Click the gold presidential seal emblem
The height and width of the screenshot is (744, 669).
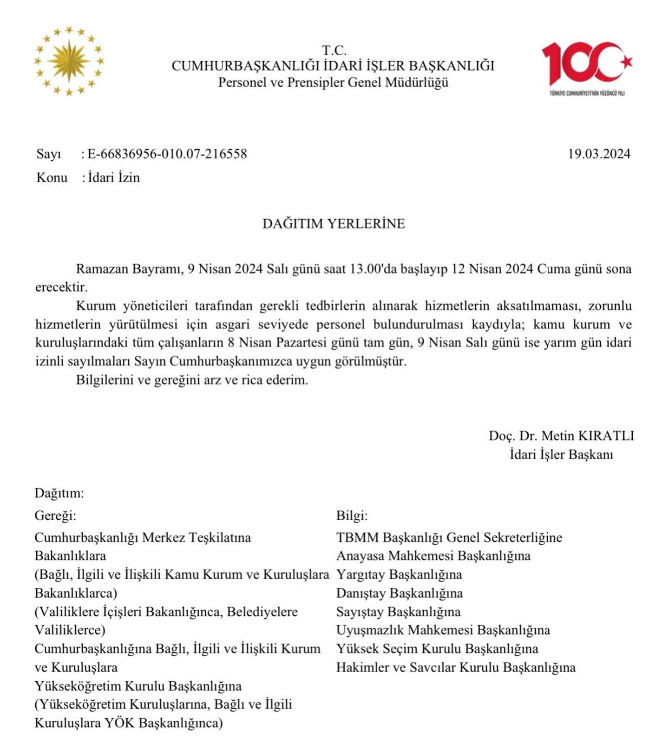tap(69, 61)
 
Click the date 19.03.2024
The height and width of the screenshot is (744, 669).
tap(599, 154)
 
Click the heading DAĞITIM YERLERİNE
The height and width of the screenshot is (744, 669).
tap(334, 223)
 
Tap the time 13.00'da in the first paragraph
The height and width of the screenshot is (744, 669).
tap(368, 269)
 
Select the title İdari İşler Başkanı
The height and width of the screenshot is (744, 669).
tap(561, 454)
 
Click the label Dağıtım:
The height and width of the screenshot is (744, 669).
tap(59, 493)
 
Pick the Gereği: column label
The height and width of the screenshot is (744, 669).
tap(55, 516)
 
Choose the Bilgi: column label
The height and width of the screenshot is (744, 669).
tap(352, 516)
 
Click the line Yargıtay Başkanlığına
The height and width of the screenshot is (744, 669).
tap(399, 574)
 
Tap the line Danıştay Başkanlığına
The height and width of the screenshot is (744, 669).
tap(400, 593)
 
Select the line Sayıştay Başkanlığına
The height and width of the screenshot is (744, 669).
tap(399, 612)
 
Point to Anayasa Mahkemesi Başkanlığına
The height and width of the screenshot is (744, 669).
tap(433, 555)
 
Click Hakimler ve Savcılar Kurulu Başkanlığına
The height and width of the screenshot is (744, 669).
tap(456, 667)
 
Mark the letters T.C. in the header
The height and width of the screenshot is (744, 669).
tap(334, 50)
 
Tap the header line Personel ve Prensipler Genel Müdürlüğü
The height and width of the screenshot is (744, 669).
tap(333, 82)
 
